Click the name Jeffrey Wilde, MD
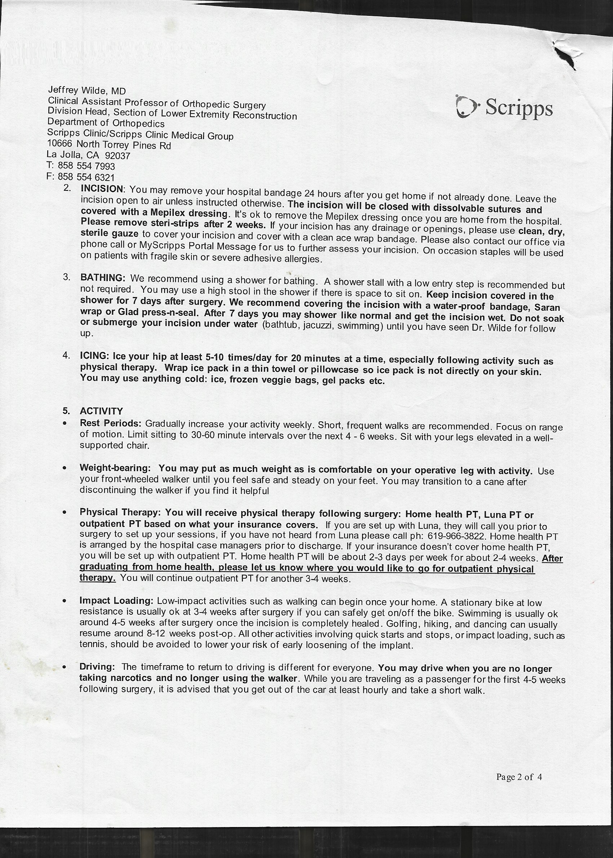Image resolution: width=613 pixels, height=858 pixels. click(87, 90)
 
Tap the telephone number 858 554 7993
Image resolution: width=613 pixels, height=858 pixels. click(86, 166)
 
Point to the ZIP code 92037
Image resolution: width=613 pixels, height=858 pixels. click(118, 155)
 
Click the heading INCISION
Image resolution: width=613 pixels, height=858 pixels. click(102, 189)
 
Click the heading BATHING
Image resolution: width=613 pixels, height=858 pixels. click(103, 278)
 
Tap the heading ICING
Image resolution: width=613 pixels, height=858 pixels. click(94, 356)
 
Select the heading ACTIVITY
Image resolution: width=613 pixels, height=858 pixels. click(101, 411)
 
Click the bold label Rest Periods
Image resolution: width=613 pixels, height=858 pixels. click(110, 423)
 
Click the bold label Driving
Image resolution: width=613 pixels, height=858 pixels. click(97, 667)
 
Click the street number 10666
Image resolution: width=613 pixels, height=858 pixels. click(59, 143)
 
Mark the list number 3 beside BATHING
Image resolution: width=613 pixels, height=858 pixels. click(66, 277)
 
